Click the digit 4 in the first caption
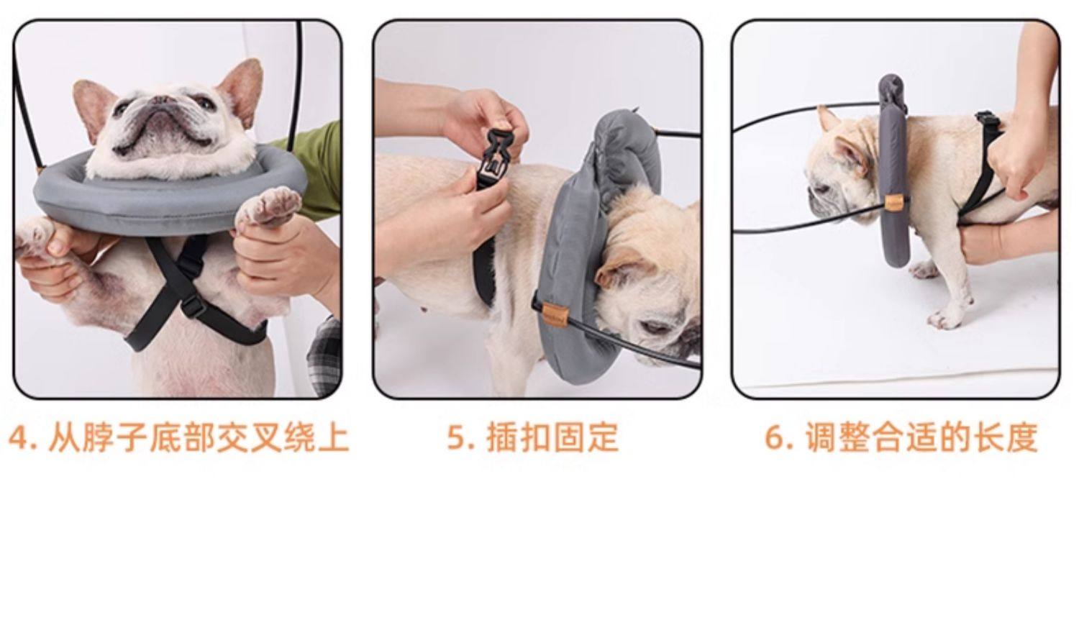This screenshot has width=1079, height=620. [19, 437]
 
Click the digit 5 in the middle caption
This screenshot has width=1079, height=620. [456, 437]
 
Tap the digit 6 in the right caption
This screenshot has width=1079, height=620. [775, 437]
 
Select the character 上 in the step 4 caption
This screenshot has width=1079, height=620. [334, 437]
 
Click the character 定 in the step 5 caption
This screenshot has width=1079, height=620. [602, 437]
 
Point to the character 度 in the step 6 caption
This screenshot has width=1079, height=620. [1021, 437]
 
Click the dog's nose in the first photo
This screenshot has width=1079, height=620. [163, 101]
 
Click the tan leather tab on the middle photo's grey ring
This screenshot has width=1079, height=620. [555, 316]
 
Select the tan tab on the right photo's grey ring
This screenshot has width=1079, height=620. [894, 203]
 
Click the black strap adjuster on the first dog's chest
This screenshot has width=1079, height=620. [194, 305]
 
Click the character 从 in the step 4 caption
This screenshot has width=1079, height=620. [63, 437]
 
